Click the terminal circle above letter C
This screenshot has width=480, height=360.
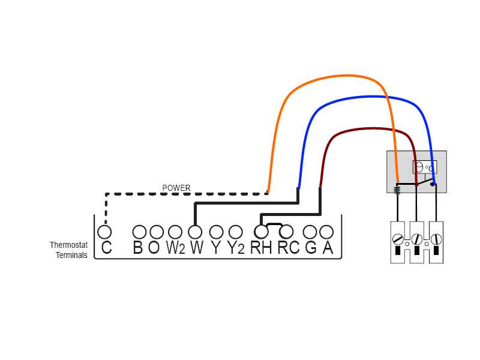tap(105, 232)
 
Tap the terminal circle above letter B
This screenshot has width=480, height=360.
tap(139, 232)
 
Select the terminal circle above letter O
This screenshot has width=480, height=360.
tap(157, 232)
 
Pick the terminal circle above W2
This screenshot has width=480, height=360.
tap(175, 232)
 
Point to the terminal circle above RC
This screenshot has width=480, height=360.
tap(286, 232)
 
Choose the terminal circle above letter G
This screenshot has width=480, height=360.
tap(310, 232)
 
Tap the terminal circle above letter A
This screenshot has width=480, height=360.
tap(326, 232)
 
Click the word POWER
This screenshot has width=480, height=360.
tap(176, 188)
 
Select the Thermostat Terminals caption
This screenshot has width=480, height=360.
tap(68, 250)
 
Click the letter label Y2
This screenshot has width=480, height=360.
tap(236, 248)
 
